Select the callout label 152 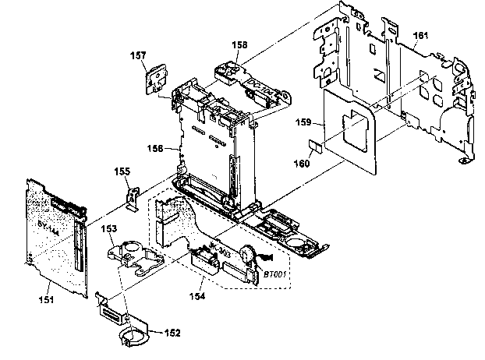pos(171,333)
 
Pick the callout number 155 pos(122,171)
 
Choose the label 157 pos(138,56)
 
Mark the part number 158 pos(239,46)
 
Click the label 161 pos(420,35)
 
